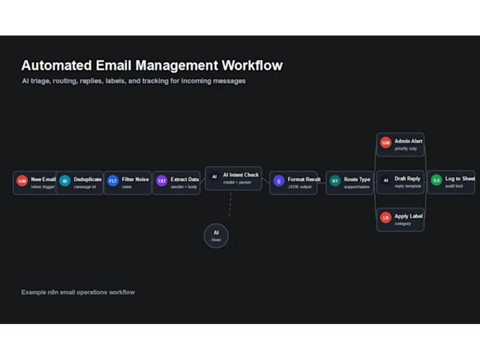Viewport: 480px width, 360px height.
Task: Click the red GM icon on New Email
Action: pos(22,181)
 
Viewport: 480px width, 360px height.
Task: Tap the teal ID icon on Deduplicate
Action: pos(65,181)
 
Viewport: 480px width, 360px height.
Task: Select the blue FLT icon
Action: pos(113,181)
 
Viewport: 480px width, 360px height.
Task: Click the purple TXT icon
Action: pos(162,181)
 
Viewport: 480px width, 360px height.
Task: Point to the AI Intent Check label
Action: pos(240,175)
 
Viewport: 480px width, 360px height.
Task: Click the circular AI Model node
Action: pos(216,236)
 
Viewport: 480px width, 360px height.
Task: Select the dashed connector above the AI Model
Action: pos(230,204)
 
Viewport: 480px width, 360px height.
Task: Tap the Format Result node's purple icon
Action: pos(278,181)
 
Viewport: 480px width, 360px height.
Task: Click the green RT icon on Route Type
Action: pos(335,181)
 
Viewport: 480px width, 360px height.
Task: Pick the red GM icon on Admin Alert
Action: pos(386,143)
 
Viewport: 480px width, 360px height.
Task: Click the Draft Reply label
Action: pos(407,179)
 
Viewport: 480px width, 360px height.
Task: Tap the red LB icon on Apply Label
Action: pos(386,217)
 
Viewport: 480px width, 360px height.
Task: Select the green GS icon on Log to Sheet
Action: pos(436,180)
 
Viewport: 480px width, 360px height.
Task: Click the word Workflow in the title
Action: pos(252,65)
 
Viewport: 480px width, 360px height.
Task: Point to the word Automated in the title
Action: pos(57,65)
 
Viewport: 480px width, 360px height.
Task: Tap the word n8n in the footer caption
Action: pos(53,292)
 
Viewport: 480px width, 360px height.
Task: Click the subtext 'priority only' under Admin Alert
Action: pos(406,149)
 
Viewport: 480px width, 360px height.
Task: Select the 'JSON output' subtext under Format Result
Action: pos(300,187)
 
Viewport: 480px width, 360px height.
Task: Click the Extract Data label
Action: pos(185,180)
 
